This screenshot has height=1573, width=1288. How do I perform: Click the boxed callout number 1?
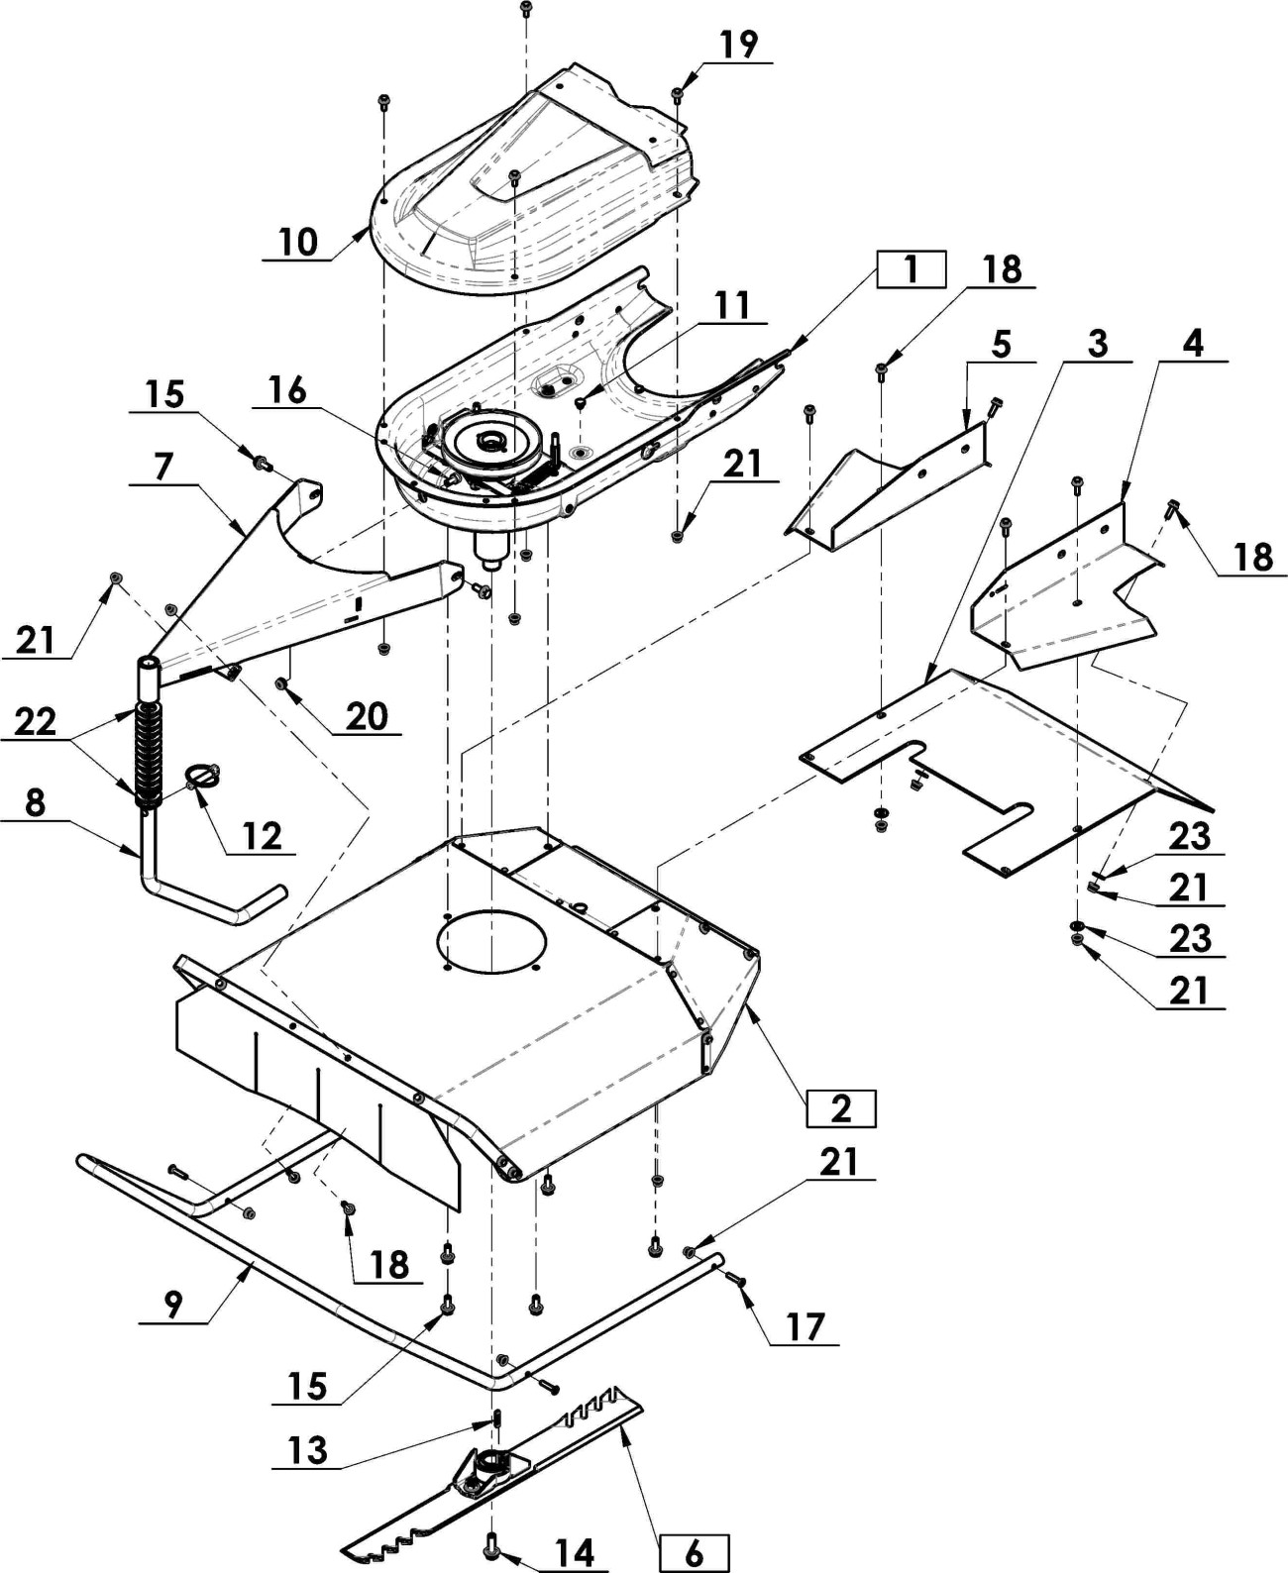click(x=911, y=269)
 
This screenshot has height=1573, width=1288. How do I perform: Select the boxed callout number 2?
click(x=841, y=1108)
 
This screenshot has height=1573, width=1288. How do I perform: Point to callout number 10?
click(x=299, y=243)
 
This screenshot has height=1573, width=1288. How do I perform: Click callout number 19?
click(x=739, y=44)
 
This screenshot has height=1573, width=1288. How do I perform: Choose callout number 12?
click(x=262, y=835)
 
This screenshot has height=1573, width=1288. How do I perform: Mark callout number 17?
click(x=805, y=1327)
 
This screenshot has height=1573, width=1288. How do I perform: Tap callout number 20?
click(x=368, y=717)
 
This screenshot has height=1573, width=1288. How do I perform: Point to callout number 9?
click(x=172, y=1304)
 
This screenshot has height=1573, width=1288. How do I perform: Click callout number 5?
click(x=1001, y=345)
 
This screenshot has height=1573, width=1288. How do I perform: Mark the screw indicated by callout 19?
click(x=678, y=95)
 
